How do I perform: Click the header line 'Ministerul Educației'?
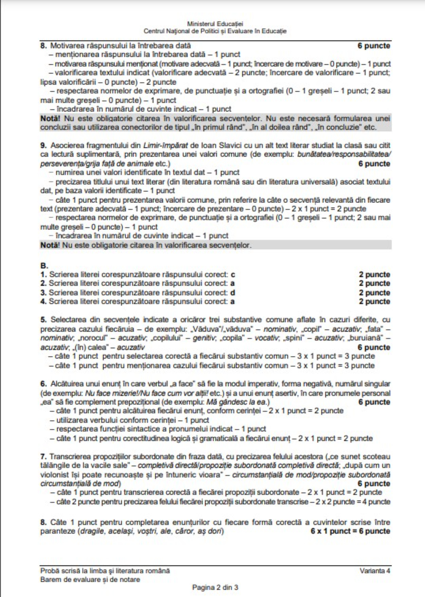click(215, 24)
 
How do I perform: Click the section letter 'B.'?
click(44, 266)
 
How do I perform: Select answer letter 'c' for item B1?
click(233, 274)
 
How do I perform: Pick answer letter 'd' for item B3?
click(233, 292)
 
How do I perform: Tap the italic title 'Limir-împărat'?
click(165, 145)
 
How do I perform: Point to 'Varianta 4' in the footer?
click(375, 571)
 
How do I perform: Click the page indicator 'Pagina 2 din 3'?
click(215, 587)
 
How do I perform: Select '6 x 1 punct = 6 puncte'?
click(350, 531)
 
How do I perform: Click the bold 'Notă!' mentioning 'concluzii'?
click(50, 118)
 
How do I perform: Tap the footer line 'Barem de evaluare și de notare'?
click(90, 579)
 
